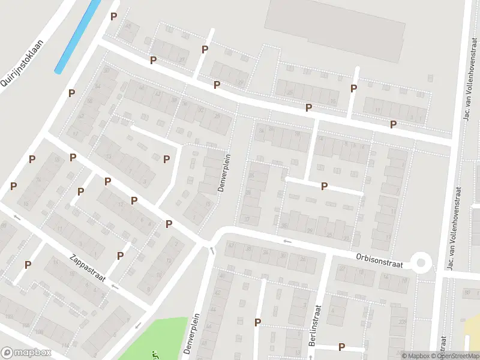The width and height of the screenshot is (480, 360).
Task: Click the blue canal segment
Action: (x=78, y=36)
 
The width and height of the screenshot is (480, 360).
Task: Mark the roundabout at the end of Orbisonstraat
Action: (x=421, y=262)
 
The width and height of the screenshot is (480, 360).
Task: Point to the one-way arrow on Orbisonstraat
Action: (x=287, y=241)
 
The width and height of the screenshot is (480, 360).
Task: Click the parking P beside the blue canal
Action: (x=113, y=17)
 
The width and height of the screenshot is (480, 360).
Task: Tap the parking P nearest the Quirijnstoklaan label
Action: (x=71, y=93)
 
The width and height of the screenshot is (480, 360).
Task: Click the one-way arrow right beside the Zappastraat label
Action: (x=114, y=287)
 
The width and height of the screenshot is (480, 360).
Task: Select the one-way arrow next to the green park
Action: (x=137, y=326)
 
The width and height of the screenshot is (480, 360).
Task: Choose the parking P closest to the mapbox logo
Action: (x=28, y=265)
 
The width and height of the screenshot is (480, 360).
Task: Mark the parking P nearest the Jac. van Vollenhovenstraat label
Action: (x=394, y=124)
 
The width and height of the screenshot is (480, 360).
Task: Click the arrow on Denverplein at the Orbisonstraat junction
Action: (x=211, y=250)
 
